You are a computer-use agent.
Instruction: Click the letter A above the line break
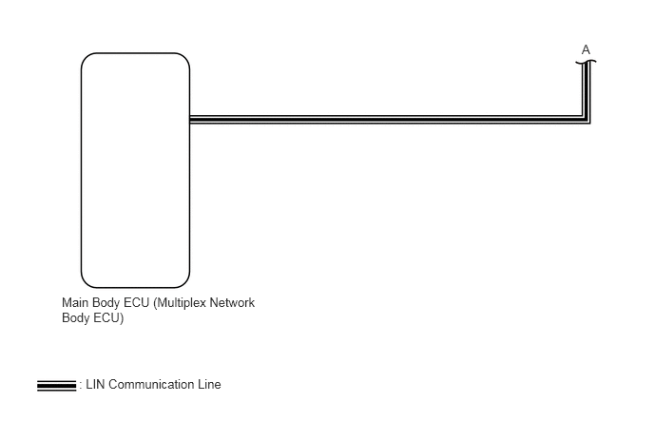(586, 50)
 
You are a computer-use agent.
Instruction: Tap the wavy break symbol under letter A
(586, 62)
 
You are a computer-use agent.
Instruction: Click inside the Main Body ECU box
(135, 170)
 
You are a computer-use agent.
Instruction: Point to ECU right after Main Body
(136, 302)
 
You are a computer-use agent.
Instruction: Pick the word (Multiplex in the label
(180, 303)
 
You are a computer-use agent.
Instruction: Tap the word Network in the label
(232, 302)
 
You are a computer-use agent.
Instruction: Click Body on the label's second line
(75, 318)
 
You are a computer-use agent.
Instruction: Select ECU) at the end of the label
(108, 318)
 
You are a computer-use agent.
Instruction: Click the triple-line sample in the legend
(57, 386)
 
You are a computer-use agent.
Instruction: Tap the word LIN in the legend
(95, 384)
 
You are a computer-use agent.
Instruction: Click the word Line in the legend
(209, 384)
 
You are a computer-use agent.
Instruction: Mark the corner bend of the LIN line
(586, 120)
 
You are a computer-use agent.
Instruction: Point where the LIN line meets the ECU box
(191, 120)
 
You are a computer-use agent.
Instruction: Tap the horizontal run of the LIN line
(386, 120)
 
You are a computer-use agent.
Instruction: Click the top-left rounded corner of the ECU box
(87, 58)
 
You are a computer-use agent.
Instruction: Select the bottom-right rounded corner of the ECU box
(184, 283)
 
